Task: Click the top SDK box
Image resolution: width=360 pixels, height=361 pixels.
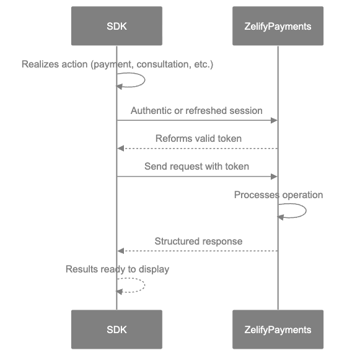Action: [116, 26]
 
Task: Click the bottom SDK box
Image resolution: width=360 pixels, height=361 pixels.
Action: [116, 329]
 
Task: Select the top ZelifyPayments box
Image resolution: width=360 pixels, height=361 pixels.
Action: [278, 26]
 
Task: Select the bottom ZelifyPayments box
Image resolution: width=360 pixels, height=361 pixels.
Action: [278, 329]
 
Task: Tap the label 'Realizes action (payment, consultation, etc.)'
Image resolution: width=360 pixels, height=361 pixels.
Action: [117, 64]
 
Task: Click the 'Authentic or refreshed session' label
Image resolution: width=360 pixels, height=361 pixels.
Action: [196, 110]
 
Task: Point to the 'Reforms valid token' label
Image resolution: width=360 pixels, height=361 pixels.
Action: [198, 138]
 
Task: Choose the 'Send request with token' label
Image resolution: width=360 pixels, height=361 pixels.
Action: [197, 166]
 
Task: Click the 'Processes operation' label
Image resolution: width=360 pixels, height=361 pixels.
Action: [278, 194]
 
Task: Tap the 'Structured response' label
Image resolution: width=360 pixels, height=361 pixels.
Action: [198, 240]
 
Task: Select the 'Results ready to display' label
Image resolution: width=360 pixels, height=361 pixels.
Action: [117, 269]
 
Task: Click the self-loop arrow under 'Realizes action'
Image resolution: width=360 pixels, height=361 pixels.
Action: [139, 80]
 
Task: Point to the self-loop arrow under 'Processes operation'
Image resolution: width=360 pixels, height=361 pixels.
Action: [301, 211]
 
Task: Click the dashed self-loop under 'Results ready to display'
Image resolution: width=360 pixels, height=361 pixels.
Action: [139, 285]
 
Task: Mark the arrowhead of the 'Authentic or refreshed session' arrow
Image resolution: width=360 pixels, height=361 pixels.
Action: [273, 121]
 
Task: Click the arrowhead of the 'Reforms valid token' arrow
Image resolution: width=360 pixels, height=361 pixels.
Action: [121, 149]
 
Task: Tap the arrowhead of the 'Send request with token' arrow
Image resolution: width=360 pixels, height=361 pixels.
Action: [273, 176]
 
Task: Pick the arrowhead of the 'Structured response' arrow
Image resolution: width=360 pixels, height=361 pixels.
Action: [121, 251]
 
